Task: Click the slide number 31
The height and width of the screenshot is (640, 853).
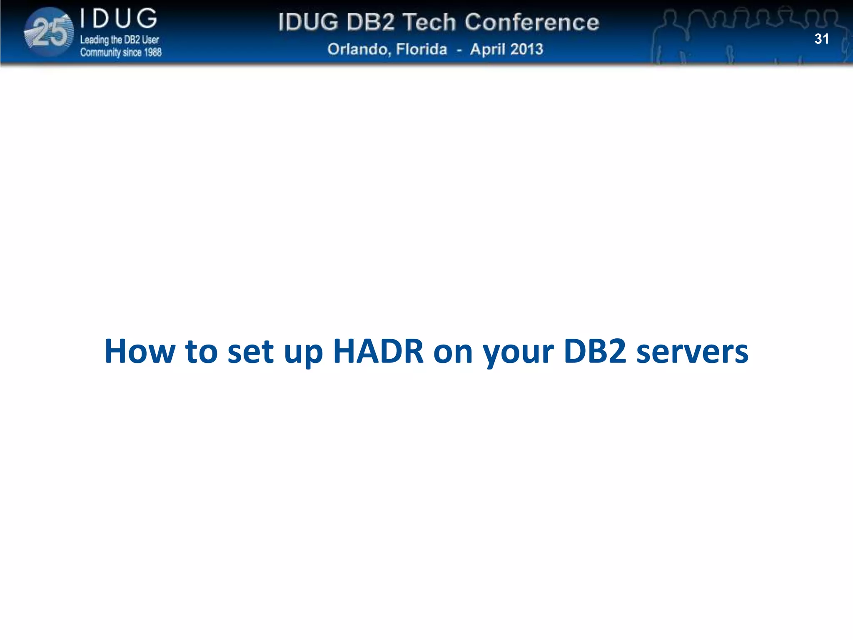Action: point(821,39)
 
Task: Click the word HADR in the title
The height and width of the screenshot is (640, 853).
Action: point(378,351)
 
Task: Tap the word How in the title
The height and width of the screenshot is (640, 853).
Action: point(140,351)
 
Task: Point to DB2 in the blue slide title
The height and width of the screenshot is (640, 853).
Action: point(595,351)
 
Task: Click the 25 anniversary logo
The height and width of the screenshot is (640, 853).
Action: point(49,32)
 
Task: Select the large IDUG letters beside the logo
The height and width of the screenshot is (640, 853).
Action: point(119,19)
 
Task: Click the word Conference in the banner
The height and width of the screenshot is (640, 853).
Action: point(532,22)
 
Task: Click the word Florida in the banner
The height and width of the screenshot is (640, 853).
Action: point(421,50)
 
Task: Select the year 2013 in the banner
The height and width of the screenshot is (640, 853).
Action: point(526,50)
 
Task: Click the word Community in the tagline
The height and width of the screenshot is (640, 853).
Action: point(100,52)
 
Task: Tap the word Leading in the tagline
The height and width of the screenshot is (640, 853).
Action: point(94,40)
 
